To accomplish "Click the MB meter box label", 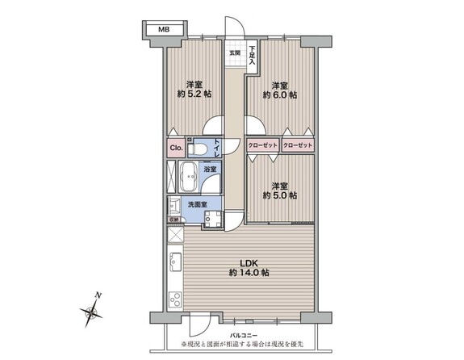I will [164, 29].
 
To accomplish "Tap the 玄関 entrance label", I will [235, 53].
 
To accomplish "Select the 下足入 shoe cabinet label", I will [252, 53].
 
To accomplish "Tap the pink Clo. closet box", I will [175, 149].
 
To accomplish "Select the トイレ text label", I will [217, 149].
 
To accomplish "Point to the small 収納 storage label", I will [173, 219].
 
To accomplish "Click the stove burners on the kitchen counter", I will [175, 299].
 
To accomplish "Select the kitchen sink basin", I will [175, 262].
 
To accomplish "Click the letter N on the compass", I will [96, 295].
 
